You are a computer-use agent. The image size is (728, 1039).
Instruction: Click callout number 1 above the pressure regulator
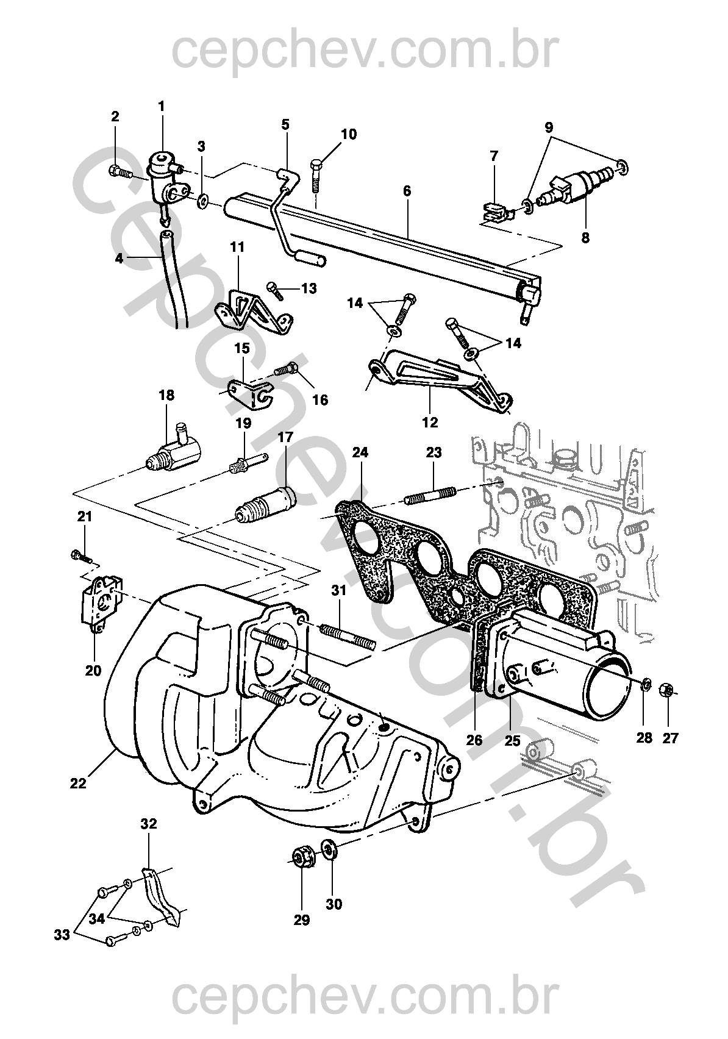[x=162, y=106]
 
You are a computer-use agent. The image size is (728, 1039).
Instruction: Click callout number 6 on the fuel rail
[x=407, y=191]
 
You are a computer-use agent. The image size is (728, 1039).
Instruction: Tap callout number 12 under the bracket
[x=430, y=421]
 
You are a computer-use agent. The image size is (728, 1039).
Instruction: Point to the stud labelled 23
[x=430, y=494]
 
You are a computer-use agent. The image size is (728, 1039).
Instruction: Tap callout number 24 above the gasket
[x=360, y=452]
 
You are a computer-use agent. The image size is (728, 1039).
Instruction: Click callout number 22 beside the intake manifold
[x=78, y=783]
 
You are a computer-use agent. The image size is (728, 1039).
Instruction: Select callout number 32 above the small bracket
[x=149, y=824]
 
